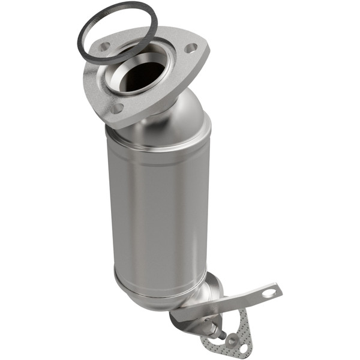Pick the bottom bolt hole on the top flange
click(118, 108)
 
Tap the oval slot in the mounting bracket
click(269, 293)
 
